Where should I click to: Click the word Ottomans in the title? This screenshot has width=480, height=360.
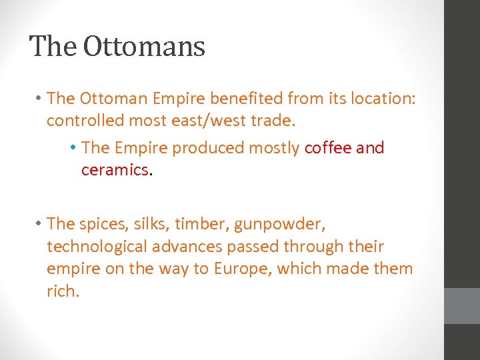144,47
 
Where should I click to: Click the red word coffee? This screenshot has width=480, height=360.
328,148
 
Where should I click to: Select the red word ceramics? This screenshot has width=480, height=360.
114,170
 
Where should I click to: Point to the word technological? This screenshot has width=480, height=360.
97,247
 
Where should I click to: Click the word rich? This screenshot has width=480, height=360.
63,291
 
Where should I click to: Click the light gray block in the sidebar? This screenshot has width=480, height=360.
462,306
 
